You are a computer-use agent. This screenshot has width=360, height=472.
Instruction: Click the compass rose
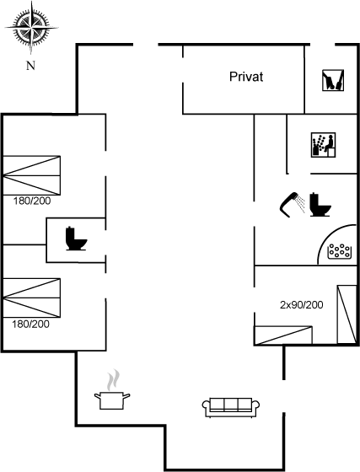(x=31, y=28)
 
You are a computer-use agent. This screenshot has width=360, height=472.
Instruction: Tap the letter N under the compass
(x=30, y=66)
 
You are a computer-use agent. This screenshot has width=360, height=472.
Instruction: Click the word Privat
(x=246, y=77)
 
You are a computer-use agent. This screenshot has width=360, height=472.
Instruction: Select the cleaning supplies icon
(x=333, y=80)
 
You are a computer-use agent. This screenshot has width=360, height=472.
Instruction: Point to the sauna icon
(x=323, y=145)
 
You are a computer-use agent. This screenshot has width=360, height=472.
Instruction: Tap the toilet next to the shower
(x=320, y=204)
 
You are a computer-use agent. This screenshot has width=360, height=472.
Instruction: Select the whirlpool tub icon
(x=340, y=251)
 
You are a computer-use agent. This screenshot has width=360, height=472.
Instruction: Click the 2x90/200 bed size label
(x=302, y=305)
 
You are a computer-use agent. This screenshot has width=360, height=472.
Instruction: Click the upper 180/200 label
(x=32, y=201)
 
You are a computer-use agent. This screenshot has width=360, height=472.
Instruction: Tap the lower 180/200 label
(x=30, y=324)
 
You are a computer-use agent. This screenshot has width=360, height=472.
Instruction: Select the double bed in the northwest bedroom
(x=31, y=175)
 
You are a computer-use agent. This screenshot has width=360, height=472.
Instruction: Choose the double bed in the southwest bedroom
(x=31, y=298)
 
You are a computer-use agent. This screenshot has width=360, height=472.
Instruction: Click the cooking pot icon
(x=112, y=400)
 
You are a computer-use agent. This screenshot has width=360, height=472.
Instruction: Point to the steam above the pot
(x=113, y=379)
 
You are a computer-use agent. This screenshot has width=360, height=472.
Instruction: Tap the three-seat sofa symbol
(x=231, y=407)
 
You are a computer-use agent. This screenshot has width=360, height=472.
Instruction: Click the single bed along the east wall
(x=347, y=314)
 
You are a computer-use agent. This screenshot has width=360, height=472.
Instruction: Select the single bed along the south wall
(x=283, y=335)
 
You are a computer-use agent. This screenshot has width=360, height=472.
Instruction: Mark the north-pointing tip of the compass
(x=31, y=2)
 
